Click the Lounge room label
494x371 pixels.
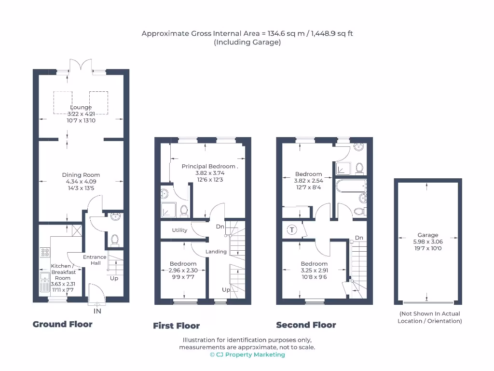pos(81,107)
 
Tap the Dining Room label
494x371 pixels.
pos(81,175)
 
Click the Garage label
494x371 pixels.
pos(427,235)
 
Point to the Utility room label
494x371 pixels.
pos(179,230)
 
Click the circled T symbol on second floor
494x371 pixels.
pos(291,230)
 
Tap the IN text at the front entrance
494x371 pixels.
pos(97,311)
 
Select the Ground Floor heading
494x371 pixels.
pos(62,324)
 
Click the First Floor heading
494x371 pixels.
pos(176,326)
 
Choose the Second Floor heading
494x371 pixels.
pos(306,325)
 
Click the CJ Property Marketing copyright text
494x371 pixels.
pos(247,355)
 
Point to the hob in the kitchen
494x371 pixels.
pos(44,252)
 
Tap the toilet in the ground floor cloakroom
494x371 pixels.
pos(115,240)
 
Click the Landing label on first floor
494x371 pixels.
pos(216,252)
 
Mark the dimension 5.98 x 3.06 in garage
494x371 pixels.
pos(427,242)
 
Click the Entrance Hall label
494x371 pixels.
pos(95,260)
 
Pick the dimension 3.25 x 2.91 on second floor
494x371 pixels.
pos(314,271)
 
